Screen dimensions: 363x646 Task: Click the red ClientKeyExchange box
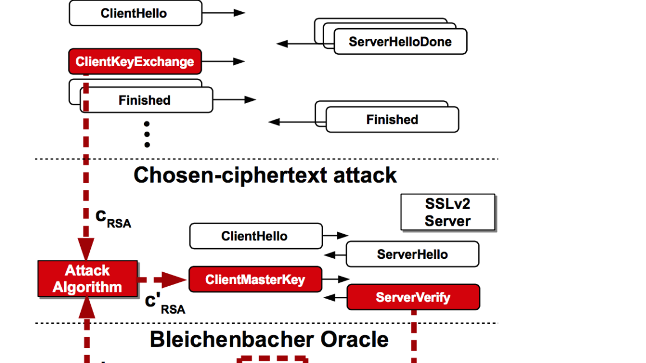[x=135, y=62]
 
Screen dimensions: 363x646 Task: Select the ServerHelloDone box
[x=400, y=42]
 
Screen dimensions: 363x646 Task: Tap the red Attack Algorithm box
[x=87, y=279]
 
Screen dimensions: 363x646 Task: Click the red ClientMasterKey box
[x=255, y=280]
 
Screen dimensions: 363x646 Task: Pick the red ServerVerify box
[x=413, y=297]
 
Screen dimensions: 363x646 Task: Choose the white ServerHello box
[x=412, y=254]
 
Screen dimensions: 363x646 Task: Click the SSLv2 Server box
[x=447, y=213]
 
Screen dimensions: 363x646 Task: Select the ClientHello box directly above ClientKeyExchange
[x=135, y=13]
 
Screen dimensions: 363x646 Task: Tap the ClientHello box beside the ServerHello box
[x=255, y=236]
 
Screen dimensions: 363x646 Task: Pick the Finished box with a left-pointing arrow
[x=392, y=120]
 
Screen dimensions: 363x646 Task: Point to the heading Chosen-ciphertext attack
[x=265, y=175]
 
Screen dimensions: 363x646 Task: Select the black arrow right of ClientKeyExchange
[x=224, y=62]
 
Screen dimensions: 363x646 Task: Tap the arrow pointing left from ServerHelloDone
[x=294, y=43]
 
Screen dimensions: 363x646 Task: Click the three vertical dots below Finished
[x=147, y=134]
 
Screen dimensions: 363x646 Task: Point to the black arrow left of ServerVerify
[x=336, y=297]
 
